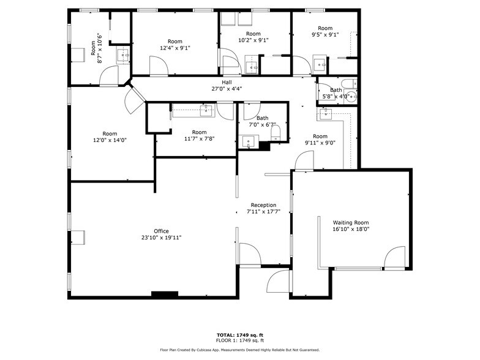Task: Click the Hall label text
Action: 227,82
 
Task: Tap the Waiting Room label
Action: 351,222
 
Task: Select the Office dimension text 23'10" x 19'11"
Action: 161,238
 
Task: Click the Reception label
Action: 263,205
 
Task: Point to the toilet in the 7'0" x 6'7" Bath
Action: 276,132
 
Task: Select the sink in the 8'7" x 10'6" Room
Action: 124,56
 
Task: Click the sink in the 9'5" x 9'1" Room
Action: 320,63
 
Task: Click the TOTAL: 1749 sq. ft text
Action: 239,335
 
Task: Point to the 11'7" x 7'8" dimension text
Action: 199,139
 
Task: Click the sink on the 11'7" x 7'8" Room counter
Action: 207,110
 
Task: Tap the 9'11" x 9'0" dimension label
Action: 320,143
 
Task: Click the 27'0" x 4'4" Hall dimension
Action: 227,89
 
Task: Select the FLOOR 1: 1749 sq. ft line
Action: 239,340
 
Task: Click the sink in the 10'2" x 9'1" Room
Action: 252,66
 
